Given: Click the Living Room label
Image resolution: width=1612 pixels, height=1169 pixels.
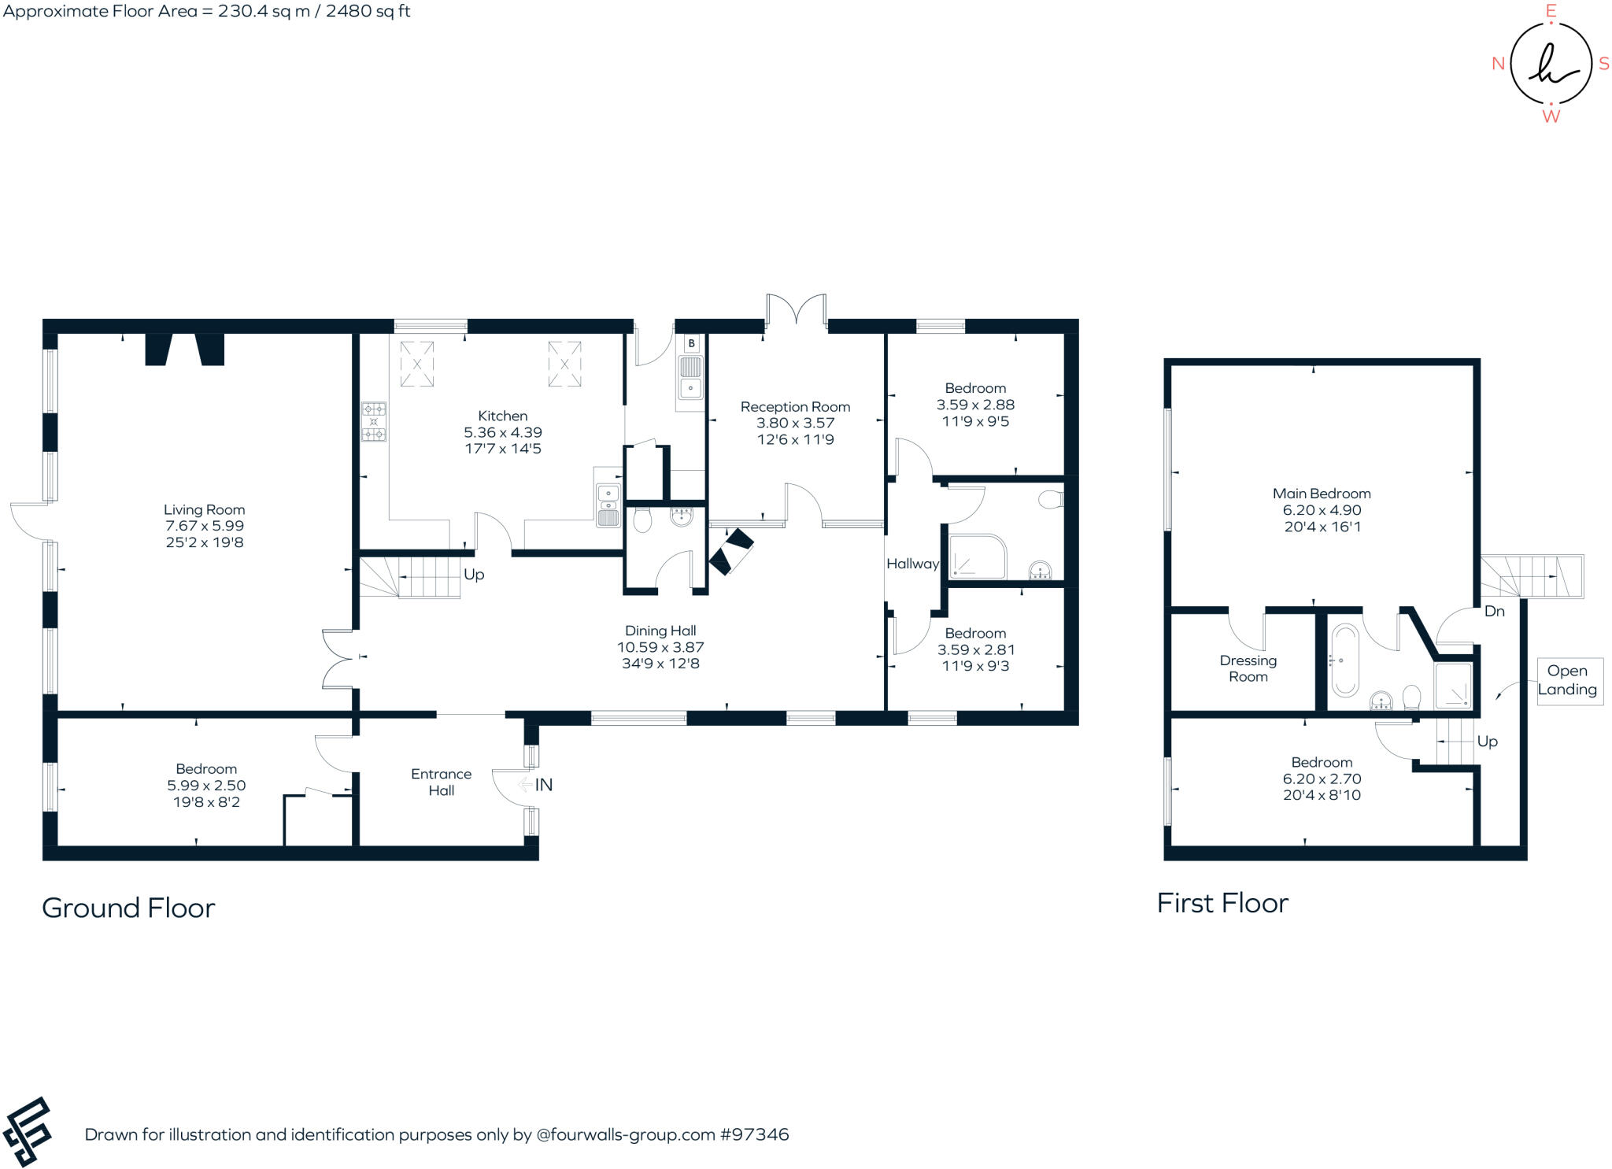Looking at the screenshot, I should point(204,509).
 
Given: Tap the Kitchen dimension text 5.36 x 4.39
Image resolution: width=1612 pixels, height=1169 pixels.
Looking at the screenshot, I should point(502,432).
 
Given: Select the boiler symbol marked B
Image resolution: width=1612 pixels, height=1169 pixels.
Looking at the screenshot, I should point(691,343).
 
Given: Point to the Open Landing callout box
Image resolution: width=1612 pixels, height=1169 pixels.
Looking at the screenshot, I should point(1566,680).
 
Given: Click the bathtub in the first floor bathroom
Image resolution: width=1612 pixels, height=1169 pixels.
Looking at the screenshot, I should point(1344,661).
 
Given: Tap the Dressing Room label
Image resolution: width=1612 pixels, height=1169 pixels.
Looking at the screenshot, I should point(1248,668).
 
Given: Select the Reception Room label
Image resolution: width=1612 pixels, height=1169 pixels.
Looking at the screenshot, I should point(795,407).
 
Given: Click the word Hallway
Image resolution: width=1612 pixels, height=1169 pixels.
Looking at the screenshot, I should point(912,564).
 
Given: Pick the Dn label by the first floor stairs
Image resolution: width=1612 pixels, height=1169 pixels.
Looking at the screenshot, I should point(1494,611).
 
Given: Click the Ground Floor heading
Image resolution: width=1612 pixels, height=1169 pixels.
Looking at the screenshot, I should point(128,908).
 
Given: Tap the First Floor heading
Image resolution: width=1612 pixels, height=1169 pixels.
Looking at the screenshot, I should point(1222,903).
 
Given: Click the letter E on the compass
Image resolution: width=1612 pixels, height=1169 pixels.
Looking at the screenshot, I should point(1551,11).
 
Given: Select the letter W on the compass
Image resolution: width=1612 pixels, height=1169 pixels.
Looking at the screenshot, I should point(1551,117).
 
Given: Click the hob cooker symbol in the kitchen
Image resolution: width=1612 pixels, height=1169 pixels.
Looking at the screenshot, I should point(374,421).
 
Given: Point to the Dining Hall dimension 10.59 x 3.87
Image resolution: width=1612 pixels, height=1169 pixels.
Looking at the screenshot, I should point(660,647).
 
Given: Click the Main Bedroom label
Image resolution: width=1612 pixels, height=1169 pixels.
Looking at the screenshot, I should point(1321,494).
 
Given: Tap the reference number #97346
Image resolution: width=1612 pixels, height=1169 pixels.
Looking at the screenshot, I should point(754,1134).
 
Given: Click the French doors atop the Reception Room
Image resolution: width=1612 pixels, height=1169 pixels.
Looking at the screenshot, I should point(797,309).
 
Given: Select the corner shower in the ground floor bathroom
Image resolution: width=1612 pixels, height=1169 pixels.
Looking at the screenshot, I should point(977,557).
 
